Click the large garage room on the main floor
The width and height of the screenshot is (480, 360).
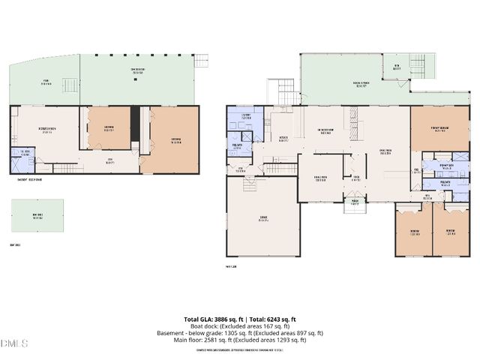(x=262, y=219)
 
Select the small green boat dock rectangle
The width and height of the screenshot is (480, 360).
(x=37, y=215)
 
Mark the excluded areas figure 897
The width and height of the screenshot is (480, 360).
(x=297, y=333)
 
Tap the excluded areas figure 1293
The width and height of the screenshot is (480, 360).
(x=285, y=340)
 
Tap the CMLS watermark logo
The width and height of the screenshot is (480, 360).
(x=14, y=343)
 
